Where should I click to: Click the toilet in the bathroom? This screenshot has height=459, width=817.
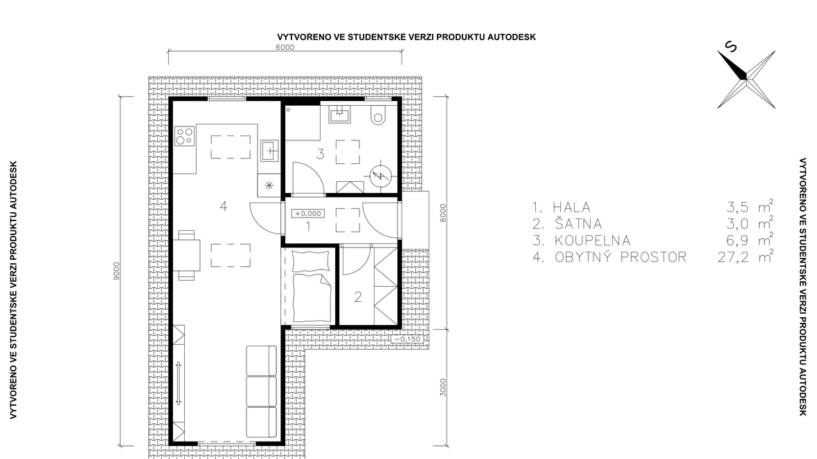click(378, 115)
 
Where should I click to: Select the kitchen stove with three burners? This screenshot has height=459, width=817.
click(184, 136)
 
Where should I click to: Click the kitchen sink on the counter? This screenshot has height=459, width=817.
click(270, 151)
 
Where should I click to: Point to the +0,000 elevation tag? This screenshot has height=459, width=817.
click(309, 214)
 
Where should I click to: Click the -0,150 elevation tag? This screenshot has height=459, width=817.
click(407, 339)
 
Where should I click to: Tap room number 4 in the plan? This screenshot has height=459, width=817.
click(224, 206)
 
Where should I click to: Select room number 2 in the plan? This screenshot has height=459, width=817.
click(358, 297)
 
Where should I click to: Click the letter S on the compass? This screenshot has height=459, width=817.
click(732, 47)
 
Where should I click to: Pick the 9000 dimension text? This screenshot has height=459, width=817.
click(116, 271)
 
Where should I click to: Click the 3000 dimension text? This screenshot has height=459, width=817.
click(443, 387)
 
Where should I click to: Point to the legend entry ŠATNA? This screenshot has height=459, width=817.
click(578, 224)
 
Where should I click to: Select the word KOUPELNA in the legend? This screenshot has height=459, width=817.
click(593, 241)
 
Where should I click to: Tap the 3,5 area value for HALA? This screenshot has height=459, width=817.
click(738, 207)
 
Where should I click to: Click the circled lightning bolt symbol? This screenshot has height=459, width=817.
click(380, 176)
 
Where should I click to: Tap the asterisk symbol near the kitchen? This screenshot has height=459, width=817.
click(269, 185)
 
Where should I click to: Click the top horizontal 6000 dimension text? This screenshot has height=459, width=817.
click(285, 48)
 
